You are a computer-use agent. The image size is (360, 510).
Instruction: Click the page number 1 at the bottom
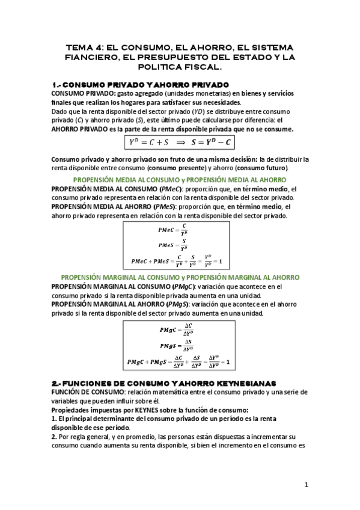click(306, 485)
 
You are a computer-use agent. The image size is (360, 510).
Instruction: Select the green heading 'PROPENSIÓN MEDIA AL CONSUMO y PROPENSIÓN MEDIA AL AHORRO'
click(179, 180)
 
